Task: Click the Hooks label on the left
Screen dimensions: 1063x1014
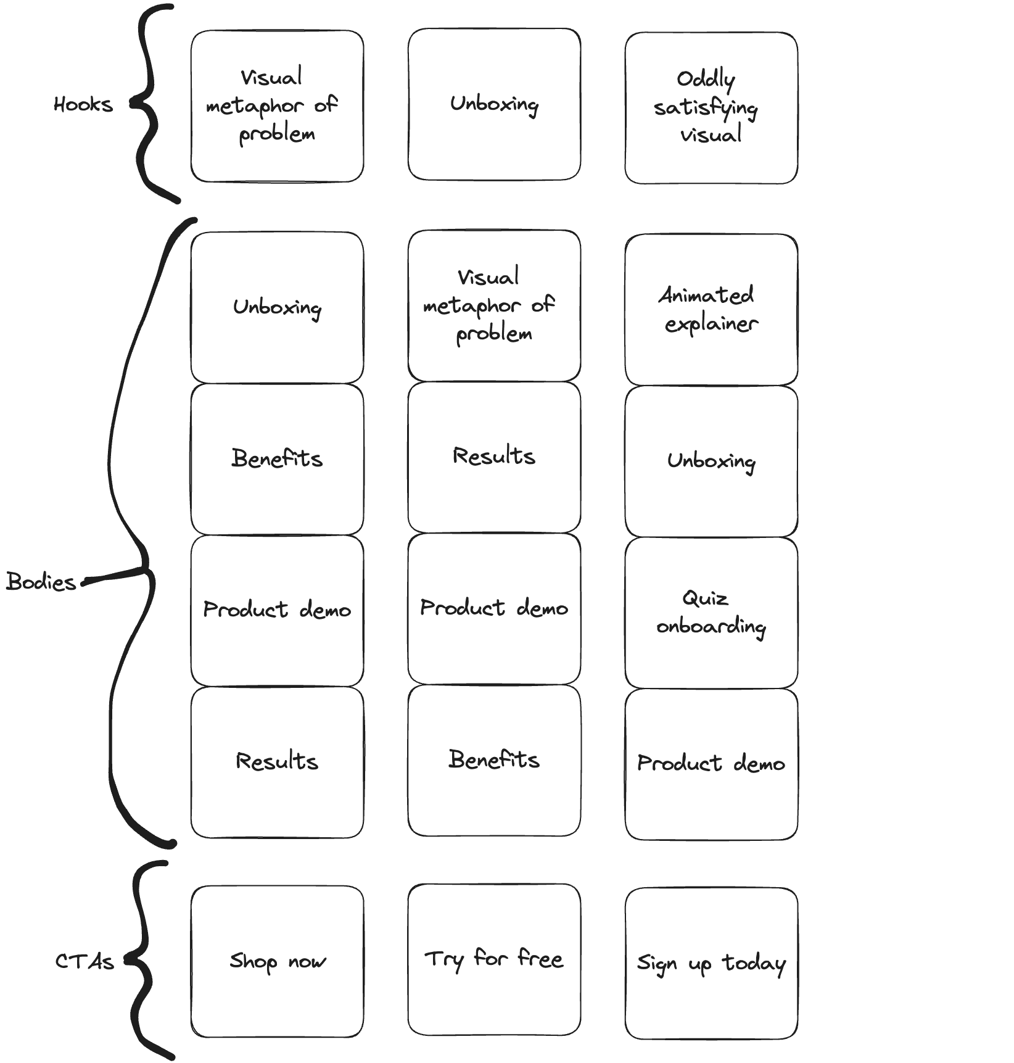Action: [x=83, y=104]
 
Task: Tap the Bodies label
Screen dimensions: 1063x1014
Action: [x=41, y=581]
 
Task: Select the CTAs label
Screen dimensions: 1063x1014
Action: [x=84, y=961]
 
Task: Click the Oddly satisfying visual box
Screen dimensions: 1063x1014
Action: [x=711, y=108]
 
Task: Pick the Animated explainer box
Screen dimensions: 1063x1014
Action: [x=711, y=310]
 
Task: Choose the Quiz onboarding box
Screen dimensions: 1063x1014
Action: [x=711, y=613]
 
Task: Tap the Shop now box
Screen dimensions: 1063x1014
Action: [x=277, y=962]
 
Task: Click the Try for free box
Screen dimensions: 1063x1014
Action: [x=494, y=959]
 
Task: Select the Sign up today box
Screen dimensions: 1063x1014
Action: [x=711, y=964]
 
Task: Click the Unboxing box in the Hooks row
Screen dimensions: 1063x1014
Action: [x=494, y=104]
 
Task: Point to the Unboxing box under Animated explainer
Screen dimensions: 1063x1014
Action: [x=711, y=461]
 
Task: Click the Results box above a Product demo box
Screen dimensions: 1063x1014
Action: [x=494, y=457]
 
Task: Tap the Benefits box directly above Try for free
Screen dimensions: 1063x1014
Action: [x=494, y=760]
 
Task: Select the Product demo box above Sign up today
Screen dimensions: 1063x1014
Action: [x=711, y=764]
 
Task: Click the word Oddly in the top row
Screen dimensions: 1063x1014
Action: [x=706, y=80]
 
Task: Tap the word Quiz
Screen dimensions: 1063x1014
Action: [x=705, y=598]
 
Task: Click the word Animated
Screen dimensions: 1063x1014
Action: [x=706, y=295]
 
